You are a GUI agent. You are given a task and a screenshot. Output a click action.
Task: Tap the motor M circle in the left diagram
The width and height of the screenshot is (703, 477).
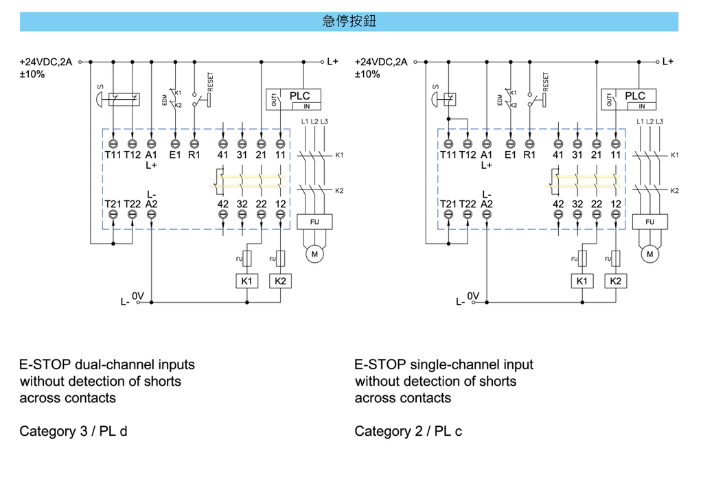314,254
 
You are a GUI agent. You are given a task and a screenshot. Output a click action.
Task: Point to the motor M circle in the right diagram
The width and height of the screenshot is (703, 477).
649,254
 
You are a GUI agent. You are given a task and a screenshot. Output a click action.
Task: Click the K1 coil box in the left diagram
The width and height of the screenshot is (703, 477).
246,281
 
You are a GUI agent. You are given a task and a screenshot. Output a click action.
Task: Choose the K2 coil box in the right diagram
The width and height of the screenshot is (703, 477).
615,281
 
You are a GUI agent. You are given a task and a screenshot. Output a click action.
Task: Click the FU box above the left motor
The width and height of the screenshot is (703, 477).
314,222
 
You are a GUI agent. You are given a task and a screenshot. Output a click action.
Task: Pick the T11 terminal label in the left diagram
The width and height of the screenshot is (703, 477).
113,155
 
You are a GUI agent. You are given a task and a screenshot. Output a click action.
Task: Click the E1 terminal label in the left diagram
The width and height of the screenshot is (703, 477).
175,155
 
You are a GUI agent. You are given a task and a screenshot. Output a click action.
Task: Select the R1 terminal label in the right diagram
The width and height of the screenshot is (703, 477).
529,155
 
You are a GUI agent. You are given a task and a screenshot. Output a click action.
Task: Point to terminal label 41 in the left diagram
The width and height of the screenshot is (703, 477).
223,155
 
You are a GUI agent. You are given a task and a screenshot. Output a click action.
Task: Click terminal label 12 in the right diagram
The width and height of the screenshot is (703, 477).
615,204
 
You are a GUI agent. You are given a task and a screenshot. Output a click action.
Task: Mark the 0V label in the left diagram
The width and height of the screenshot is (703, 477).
138,296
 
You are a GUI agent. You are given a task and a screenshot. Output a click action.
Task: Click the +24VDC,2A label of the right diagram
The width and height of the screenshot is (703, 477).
381,62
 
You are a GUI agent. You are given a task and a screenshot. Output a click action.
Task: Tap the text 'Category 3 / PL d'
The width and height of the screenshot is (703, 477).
73,432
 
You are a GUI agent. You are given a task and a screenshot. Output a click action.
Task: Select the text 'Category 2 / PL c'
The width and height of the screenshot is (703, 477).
408,432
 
